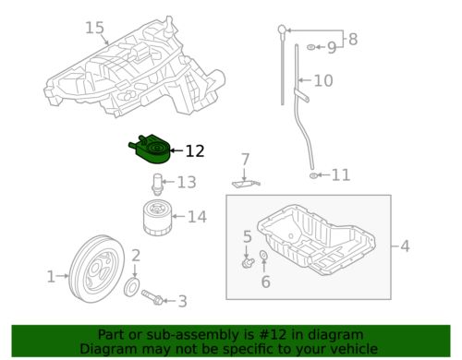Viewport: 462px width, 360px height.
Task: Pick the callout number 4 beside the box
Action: (x=404, y=246)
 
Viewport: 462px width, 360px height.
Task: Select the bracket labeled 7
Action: (x=244, y=183)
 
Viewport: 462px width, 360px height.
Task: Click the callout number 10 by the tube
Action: (x=322, y=81)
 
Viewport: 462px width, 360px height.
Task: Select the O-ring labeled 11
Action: (x=316, y=174)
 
